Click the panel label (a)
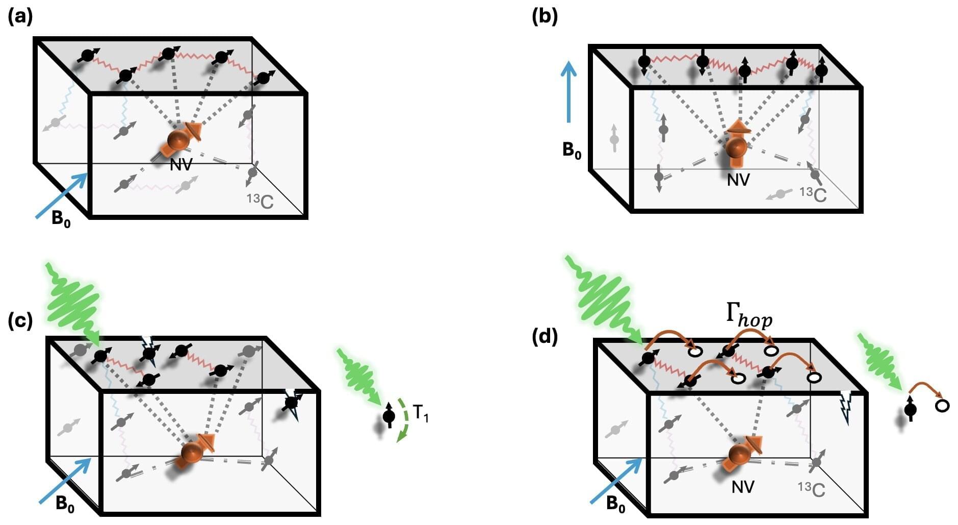pos(20,17)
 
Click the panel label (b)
pos(545,17)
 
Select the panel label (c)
pos(20,321)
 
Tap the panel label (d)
pos(545,337)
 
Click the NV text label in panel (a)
pos(181,165)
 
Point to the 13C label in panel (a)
pos(260,201)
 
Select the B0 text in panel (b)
pos(572,151)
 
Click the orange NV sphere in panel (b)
pos(736,146)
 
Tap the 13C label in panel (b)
pos(813,193)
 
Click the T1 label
pos(421,413)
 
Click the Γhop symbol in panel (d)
pos(748,316)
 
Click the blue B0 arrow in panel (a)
pos(62,196)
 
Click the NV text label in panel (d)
pos(742,487)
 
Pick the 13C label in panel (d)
pos(811,489)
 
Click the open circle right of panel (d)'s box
pos(942,406)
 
